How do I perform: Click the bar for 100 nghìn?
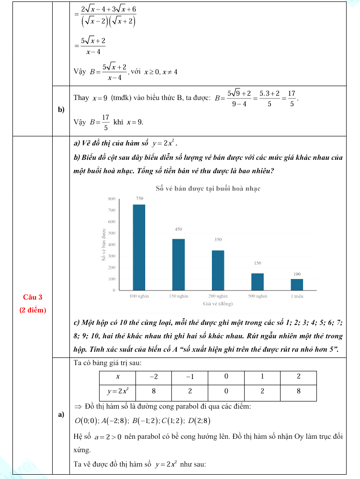[139, 247]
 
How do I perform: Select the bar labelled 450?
[179, 264]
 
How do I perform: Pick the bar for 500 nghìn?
[258, 281]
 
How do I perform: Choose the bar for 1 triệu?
[297, 284]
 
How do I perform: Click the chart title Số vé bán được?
[208, 189]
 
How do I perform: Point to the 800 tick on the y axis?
[112, 199]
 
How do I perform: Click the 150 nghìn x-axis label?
[179, 297]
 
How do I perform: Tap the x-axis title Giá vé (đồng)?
[217, 304]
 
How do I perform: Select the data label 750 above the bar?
[139, 199]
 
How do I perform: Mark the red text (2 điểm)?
[33, 310]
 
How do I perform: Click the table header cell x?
[118, 377]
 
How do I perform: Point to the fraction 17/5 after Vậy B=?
[106, 122]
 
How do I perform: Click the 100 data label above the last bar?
[297, 274]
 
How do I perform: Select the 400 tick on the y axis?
[112, 245]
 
